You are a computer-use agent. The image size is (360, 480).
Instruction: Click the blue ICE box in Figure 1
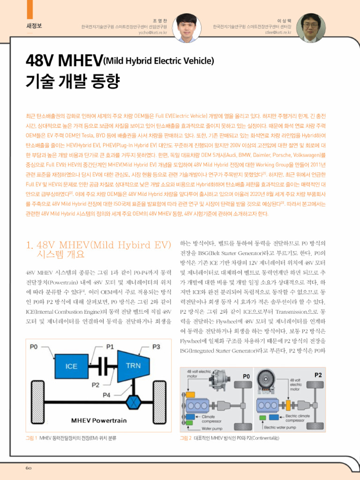tap(72, 366)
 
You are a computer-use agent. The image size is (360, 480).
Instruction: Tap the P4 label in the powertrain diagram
tap(107, 395)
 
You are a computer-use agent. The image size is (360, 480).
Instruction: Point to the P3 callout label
tap(157, 347)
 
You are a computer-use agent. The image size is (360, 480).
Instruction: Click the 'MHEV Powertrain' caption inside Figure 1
tap(98, 420)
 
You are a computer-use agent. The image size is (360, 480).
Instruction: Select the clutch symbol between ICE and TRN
tap(104, 366)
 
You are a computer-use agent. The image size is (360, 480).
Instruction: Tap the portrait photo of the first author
tap(186, 28)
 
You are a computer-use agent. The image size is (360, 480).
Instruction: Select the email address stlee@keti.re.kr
tap(278, 33)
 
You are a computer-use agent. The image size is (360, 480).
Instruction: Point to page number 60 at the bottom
tap(29, 468)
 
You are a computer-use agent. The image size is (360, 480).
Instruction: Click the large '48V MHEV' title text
tap(64, 60)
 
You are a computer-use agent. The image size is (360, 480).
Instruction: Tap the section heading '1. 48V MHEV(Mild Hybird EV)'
tap(97, 245)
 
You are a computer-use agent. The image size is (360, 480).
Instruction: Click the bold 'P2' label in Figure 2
tap(318, 375)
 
